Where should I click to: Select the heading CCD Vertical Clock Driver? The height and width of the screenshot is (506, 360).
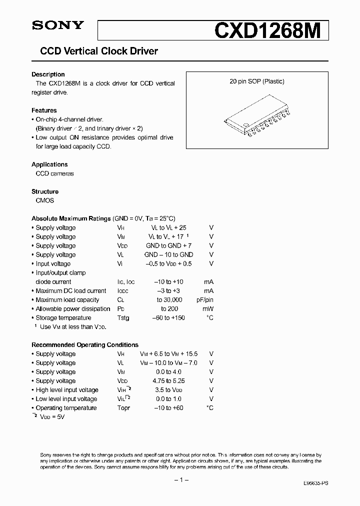[x=99, y=51]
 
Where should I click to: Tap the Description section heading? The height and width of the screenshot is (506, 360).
[x=48, y=74]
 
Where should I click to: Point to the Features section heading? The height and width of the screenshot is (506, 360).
[x=44, y=110]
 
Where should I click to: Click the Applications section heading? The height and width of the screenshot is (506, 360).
[x=49, y=164]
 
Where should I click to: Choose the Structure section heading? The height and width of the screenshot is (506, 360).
[x=45, y=191]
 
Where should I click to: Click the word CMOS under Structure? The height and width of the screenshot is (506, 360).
[x=45, y=200]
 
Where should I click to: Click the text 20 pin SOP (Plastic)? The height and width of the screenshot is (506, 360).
[x=257, y=81]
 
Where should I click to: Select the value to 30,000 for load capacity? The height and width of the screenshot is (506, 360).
[x=169, y=300]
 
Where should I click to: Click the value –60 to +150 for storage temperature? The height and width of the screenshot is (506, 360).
[x=169, y=318]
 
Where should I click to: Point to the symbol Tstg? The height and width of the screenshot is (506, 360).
[x=123, y=318]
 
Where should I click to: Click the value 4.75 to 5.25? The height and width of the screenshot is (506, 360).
[x=169, y=381]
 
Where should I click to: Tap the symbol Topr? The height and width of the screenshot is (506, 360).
[x=123, y=408]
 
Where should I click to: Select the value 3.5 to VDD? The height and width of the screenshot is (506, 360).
[x=169, y=390]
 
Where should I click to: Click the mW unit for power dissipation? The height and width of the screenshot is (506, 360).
[x=208, y=309]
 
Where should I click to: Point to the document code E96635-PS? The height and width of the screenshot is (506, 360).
[x=316, y=484]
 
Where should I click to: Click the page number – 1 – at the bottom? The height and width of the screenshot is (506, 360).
[x=180, y=480]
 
